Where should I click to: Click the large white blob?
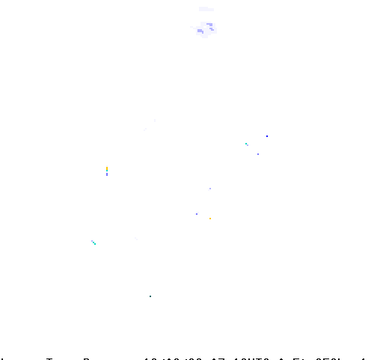[206, 30]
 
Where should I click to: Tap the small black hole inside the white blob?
[206, 27]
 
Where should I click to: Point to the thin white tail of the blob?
[193, 28]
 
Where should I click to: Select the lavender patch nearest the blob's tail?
[200, 31]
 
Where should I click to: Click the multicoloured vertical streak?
[107, 171]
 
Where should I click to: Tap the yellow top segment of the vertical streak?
[107, 167]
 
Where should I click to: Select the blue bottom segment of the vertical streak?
[107, 174]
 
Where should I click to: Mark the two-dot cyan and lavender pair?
[247, 144]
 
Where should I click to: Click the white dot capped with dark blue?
[267, 137]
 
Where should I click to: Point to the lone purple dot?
[258, 154]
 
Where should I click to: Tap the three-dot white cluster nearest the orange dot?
[197, 213]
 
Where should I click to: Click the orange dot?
[210, 219]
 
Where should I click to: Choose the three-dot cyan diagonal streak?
[94, 242]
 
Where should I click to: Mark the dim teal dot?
[150, 296]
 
